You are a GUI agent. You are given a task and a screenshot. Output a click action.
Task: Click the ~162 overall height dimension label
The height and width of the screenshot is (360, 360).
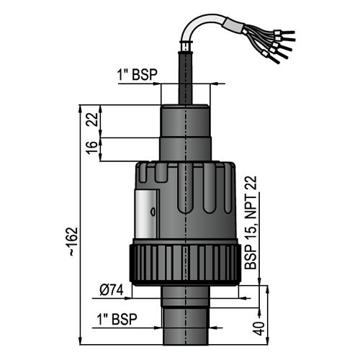coord(74,241)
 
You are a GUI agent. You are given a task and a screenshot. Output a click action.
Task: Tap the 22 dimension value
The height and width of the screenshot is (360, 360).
coord(92,120)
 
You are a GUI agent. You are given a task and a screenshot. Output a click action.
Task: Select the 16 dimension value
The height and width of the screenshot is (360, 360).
coord(92,148)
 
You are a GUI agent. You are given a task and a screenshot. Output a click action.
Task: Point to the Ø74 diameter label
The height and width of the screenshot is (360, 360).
coord(112,290)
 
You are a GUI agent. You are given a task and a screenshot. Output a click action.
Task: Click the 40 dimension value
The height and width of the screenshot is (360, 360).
coord(258,328)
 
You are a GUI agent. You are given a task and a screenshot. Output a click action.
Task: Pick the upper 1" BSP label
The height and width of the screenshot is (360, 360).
coord(137,74)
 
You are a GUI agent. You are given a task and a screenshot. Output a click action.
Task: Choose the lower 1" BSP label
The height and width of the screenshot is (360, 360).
coord(117,319)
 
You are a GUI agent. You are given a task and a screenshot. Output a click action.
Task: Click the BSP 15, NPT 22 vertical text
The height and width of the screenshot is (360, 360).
coord(251,222)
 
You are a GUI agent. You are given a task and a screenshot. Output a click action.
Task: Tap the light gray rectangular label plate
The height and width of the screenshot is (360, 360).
coord(147,213)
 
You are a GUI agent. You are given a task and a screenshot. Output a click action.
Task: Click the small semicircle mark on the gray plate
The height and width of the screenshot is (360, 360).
coord(153,212)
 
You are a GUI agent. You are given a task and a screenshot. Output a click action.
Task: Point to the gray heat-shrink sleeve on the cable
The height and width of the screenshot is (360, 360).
coord(234,25)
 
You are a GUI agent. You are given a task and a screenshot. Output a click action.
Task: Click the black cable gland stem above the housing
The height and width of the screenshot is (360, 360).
coord(185,78)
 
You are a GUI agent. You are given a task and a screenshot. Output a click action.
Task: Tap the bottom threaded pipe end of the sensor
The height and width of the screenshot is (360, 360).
coord(186,326)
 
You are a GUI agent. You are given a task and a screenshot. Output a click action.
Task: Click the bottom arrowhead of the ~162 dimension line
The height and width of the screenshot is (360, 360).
coord(81,341)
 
